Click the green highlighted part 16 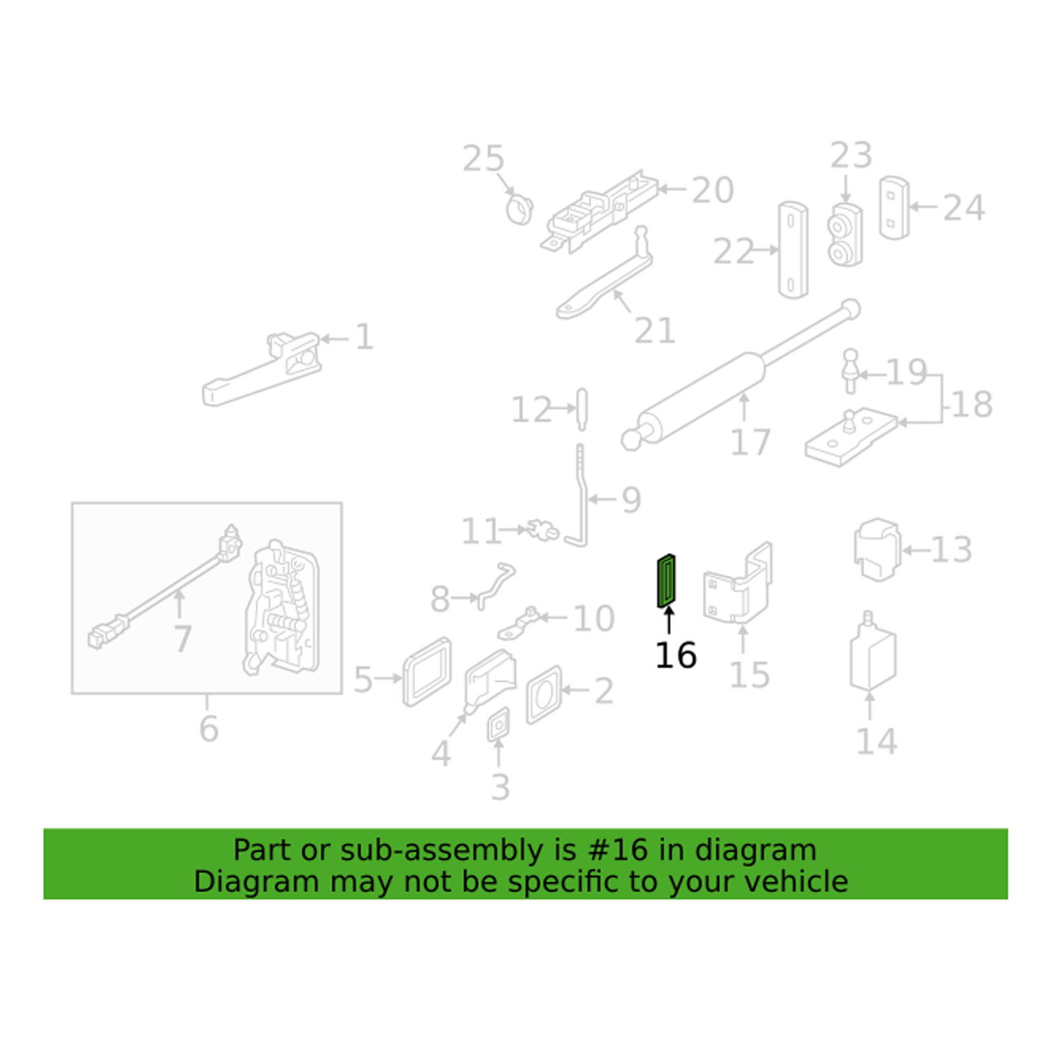pyautogui.click(x=667, y=581)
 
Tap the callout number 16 pyautogui.click(x=675, y=655)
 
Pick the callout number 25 pyautogui.click(x=483, y=159)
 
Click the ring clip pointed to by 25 pyautogui.click(x=519, y=209)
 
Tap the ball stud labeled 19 pyautogui.click(x=849, y=371)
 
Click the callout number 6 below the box pyautogui.click(x=209, y=729)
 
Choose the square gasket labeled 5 pyautogui.click(x=426, y=671)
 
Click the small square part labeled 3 pyautogui.click(x=498, y=726)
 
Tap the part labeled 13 pyautogui.click(x=877, y=550)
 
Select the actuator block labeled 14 pyautogui.click(x=872, y=656)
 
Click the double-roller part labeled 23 pyautogui.click(x=845, y=236)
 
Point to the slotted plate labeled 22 pyautogui.click(x=792, y=249)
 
